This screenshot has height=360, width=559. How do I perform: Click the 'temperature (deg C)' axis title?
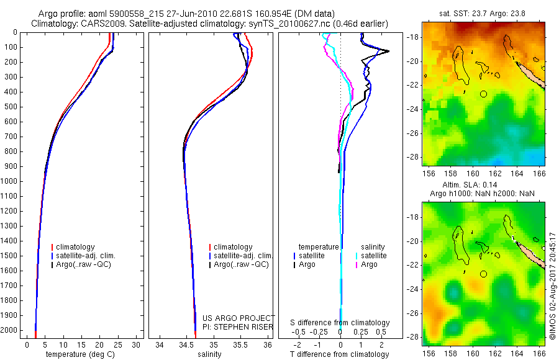coord(81,354)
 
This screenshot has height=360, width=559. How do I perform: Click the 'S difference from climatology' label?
coord(340,323)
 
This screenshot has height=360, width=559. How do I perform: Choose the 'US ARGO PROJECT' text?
coord(239,318)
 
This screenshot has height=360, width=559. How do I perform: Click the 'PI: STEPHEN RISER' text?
coord(237,326)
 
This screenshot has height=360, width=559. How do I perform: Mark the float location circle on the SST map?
coord(484,94)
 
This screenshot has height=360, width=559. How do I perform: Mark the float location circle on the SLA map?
coord(484,273)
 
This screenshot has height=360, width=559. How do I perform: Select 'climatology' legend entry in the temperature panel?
coord(83,247)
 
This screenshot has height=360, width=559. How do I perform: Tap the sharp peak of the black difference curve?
coord(389,51)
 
